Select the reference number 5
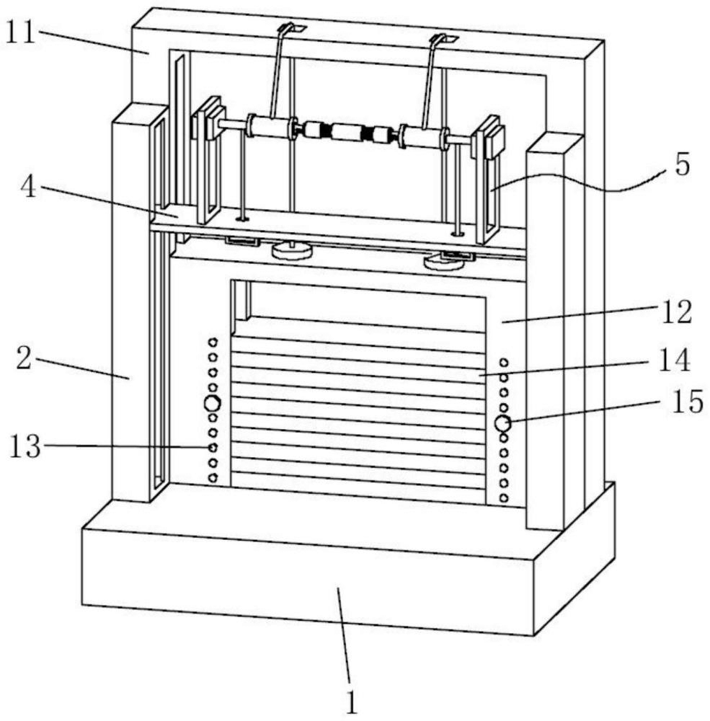pyautogui.click(x=681, y=165)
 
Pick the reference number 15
pyautogui.click(x=685, y=402)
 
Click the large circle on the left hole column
pyautogui.click(x=212, y=404)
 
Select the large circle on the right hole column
pyautogui.click(x=502, y=424)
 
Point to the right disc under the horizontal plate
pyautogui.click(x=444, y=262)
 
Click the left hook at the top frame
pyautogui.click(x=292, y=29)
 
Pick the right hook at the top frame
pyautogui.click(x=439, y=37)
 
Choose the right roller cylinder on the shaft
pyautogui.click(x=423, y=136)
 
